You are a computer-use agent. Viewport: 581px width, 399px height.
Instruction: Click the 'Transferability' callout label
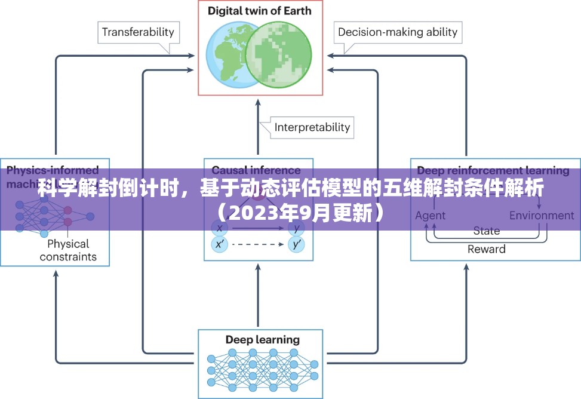tap(137, 32)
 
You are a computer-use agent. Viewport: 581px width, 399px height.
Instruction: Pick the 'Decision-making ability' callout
tap(397, 32)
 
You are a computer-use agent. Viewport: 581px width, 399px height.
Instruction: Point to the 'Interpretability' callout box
tap(312, 127)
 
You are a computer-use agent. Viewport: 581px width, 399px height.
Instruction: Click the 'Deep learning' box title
tap(262, 340)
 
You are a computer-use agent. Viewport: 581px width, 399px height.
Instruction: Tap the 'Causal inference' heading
tap(256, 170)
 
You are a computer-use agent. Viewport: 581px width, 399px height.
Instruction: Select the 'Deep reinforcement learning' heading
tap(493, 170)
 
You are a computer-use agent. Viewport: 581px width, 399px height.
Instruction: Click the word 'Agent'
tap(431, 216)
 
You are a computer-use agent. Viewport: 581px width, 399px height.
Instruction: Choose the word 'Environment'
tap(541, 216)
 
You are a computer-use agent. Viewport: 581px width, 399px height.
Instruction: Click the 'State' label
tap(487, 231)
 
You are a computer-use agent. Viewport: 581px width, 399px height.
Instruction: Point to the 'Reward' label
tap(486, 249)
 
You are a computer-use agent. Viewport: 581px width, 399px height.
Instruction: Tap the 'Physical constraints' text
tap(68, 250)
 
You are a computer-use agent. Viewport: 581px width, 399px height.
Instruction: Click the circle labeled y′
tap(296, 244)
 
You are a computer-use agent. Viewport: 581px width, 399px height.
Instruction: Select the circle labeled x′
tap(219, 244)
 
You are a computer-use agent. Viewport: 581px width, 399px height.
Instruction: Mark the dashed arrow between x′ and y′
tap(257, 244)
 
